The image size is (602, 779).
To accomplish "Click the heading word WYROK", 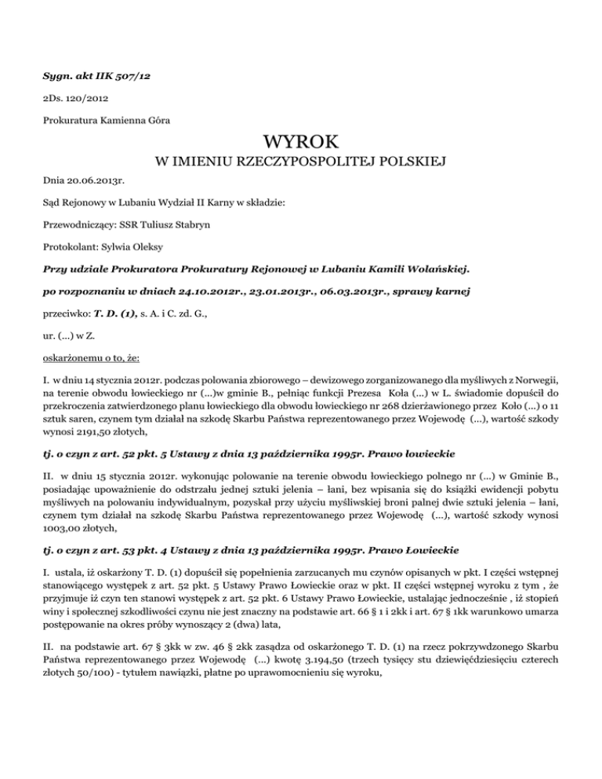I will [x=301, y=142].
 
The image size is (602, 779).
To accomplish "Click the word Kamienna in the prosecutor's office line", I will [x=124, y=120].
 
